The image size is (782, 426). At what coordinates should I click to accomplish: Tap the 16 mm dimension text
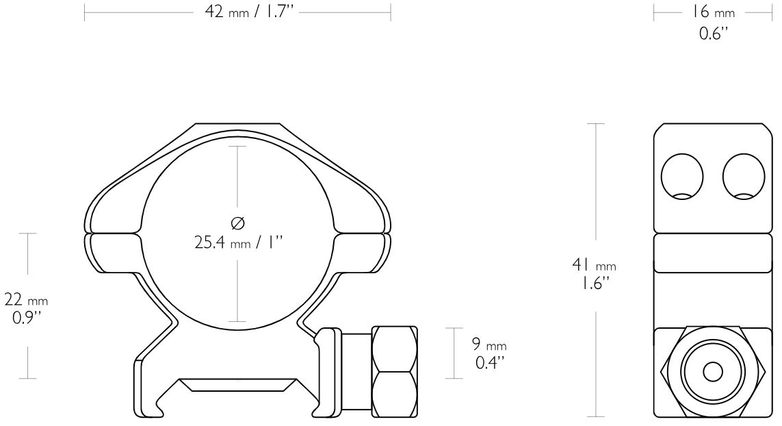tap(713, 12)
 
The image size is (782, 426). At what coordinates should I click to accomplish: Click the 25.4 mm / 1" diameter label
tap(238, 242)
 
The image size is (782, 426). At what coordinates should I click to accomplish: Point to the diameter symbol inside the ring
tap(238, 223)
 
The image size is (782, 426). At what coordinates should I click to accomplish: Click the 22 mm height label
tap(26, 300)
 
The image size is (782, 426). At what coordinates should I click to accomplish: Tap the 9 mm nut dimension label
tap(489, 344)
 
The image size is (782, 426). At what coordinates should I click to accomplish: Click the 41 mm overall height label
tap(594, 264)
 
